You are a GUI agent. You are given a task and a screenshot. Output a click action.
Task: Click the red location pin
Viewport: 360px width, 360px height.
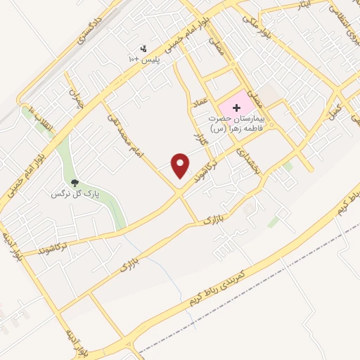181,165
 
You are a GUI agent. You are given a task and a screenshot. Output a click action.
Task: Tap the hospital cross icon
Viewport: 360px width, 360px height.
236,108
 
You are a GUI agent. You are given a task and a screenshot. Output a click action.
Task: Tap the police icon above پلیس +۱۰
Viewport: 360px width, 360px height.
144,48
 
